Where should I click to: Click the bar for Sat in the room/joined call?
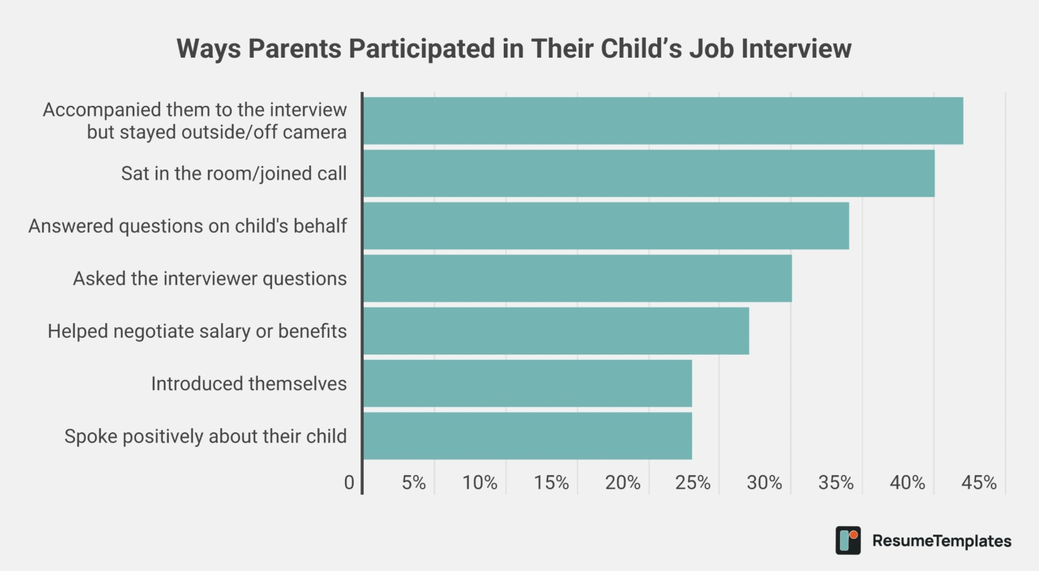(649, 174)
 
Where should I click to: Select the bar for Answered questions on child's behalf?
(606, 226)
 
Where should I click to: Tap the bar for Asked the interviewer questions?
(577, 279)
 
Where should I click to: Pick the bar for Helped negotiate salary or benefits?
(556, 331)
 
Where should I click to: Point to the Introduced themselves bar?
(527, 383)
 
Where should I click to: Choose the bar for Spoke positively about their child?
(527, 436)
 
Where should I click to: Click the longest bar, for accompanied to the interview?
(664, 121)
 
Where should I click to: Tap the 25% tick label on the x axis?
(693, 483)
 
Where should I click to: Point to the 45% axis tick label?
(979, 483)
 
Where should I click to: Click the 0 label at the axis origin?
(349, 483)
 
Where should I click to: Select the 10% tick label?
(480, 483)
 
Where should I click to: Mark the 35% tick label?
(836, 483)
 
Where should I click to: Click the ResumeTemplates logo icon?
(848, 540)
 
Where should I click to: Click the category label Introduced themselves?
(249, 384)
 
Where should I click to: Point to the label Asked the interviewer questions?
(210, 279)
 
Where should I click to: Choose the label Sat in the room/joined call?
(234, 174)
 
